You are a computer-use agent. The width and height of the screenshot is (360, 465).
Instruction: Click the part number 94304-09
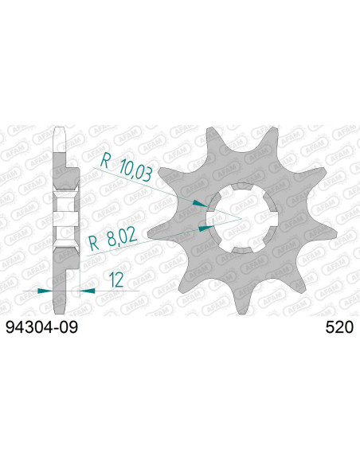42,326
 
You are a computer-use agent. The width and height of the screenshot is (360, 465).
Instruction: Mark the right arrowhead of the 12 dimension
88,291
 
